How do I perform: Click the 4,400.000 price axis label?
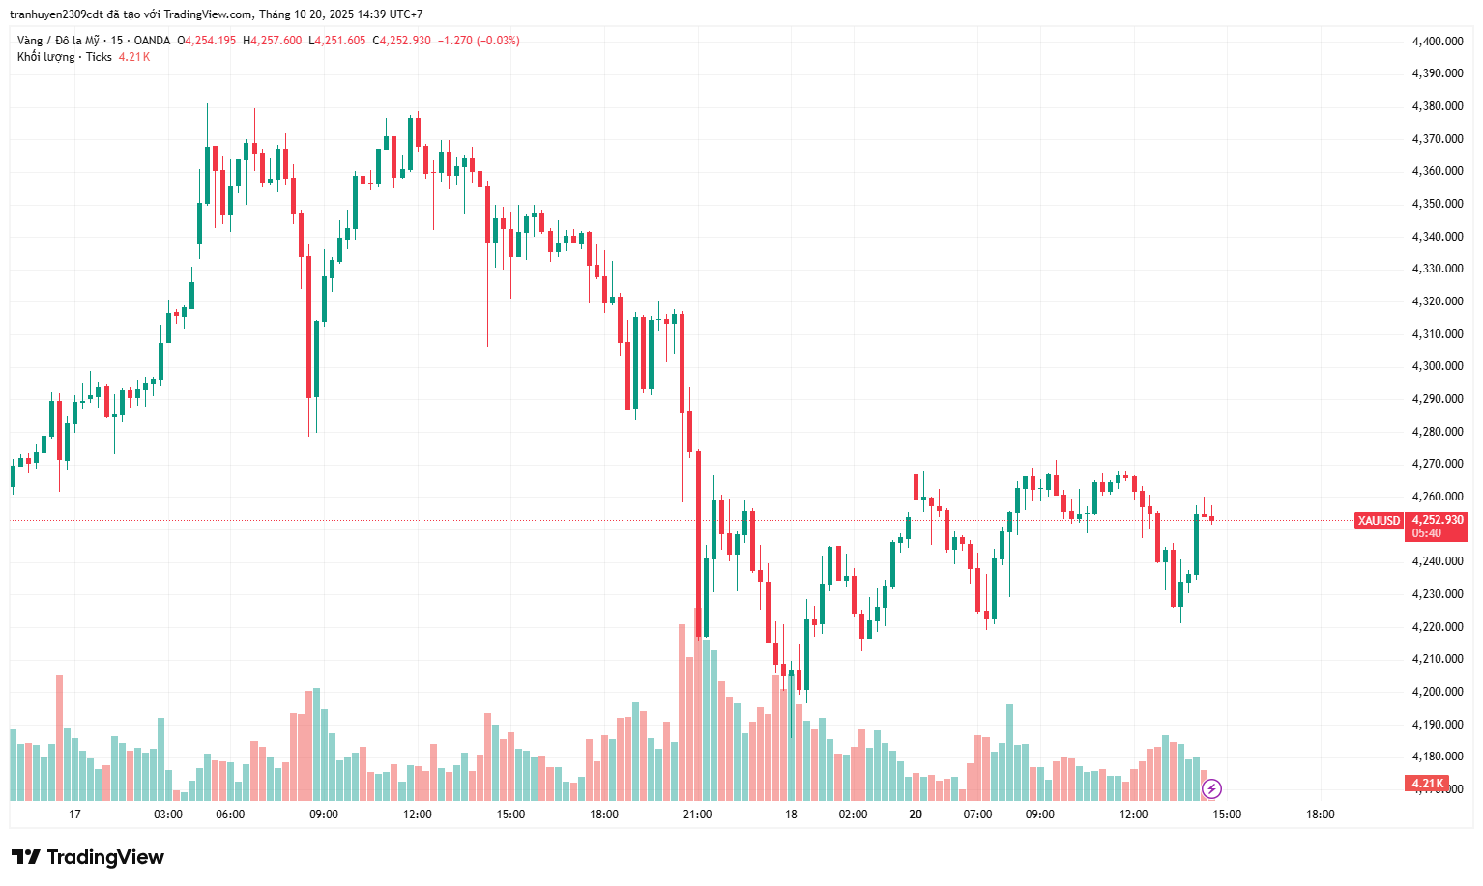pyautogui.click(x=1437, y=42)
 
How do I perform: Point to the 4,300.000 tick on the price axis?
pyautogui.click(x=1437, y=366)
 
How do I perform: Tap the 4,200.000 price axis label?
pyautogui.click(x=1437, y=692)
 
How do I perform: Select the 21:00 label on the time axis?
pyautogui.click(x=697, y=815)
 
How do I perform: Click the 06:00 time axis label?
pyautogui.click(x=230, y=815)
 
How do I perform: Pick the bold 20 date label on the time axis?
pyautogui.click(x=916, y=815)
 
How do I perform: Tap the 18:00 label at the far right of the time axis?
pyautogui.click(x=1320, y=815)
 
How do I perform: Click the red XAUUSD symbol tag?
pyautogui.click(x=1379, y=521)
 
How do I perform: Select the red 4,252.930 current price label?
pyautogui.click(x=1438, y=520)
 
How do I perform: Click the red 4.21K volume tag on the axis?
pyautogui.click(x=1427, y=784)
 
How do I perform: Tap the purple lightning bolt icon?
pyautogui.click(x=1211, y=789)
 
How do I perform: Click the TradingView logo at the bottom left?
pyautogui.click(x=88, y=857)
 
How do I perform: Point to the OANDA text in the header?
pyautogui.click(x=152, y=41)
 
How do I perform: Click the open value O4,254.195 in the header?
pyautogui.click(x=206, y=41)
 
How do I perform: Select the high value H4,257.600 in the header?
pyautogui.click(x=272, y=41)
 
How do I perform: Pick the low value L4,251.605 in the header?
pyautogui.click(x=336, y=41)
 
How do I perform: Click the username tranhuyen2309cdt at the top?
pyautogui.click(x=56, y=14)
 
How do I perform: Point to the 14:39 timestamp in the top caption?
pyautogui.click(x=371, y=14)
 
